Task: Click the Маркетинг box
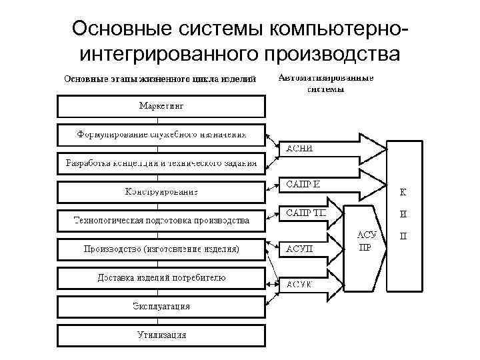point(161,106)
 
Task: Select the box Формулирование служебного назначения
point(161,135)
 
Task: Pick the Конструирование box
point(161,192)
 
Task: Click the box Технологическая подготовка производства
point(161,220)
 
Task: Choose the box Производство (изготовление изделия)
point(161,249)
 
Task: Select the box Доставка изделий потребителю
point(161,278)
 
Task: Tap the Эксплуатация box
point(161,307)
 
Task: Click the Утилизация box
point(161,335)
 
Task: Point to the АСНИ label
point(299,149)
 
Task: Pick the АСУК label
point(300,284)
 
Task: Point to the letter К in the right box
point(403,193)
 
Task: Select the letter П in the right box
point(403,235)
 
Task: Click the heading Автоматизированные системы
point(325,83)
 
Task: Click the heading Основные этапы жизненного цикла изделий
point(160,79)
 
